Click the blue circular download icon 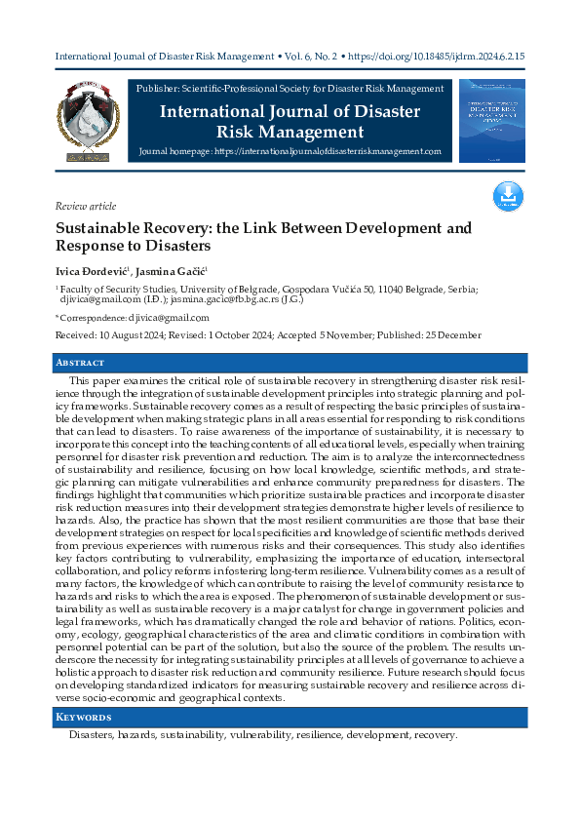click(x=508, y=196)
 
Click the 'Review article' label click(x=86, y=207)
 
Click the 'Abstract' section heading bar click(x=290, y=363)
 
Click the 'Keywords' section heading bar click(x=290, y=718)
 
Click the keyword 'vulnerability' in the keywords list click(x=265, y=735)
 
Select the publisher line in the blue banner click(x=290, y=90)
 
